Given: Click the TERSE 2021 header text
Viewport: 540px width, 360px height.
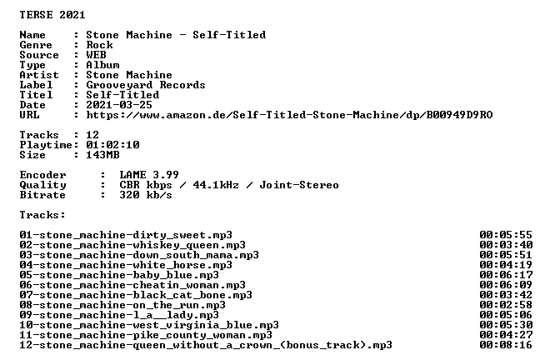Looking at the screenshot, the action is [x=52, y=15].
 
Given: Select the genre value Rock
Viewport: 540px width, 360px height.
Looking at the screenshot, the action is [x=99, y=45].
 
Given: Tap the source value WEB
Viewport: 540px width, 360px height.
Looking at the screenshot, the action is [x=96, y=55].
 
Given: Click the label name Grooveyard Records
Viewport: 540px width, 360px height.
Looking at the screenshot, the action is [x=146, y=85].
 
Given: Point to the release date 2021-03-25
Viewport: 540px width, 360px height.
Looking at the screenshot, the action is [x=119, y=105].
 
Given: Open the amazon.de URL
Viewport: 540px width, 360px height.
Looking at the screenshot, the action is [x=289, y=115].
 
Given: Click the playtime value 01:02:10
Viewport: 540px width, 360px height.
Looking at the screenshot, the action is [x=112, y=145].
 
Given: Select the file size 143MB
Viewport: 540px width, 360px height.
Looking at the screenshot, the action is [x=102, y=155].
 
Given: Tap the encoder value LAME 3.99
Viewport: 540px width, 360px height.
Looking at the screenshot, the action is [x=149, y=175].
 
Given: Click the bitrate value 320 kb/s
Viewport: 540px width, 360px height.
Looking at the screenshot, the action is [x=146, y=195].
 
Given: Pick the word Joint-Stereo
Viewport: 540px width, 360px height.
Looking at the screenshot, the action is [x=299, y=185].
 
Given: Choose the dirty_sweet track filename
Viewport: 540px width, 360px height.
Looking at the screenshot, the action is [x=126, y=235].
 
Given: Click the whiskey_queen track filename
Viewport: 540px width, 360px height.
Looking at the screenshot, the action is [x=132, y=245].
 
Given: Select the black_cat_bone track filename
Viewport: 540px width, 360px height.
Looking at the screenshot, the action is [x=136, y=295].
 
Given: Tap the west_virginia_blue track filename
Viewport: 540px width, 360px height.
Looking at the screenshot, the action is [x=149, y=325].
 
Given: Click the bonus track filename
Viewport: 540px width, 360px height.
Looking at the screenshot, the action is [x=206, y=345].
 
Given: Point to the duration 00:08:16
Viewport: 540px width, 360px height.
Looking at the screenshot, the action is [x=506, y=345].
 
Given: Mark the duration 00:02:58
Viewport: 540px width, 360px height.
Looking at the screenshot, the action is [x=506, y=305].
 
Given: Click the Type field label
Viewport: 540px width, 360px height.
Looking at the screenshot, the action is [x=32, y=65].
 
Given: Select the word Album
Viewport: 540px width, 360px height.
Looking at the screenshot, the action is [x=102, y=65].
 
